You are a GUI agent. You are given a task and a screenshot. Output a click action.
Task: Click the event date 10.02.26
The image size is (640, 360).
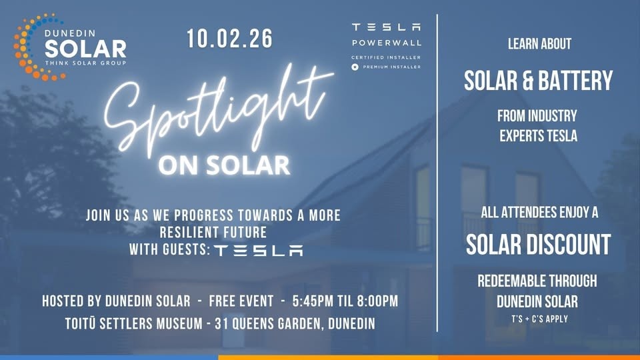[229, 39]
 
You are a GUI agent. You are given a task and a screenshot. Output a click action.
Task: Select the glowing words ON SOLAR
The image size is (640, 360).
[224, 165]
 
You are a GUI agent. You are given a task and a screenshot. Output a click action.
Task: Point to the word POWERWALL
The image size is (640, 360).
[387, 43]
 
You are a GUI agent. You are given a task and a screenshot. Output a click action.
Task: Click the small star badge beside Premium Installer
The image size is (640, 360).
[355, 67]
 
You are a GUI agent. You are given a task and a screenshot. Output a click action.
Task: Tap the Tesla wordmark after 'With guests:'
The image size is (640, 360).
[259, 250]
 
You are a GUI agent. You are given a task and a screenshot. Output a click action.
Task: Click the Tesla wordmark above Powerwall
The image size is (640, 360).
[386, 27]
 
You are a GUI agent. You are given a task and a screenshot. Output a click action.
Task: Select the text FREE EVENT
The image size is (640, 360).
[241, 301]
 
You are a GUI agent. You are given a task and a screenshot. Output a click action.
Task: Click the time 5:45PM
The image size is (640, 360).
[313, 301]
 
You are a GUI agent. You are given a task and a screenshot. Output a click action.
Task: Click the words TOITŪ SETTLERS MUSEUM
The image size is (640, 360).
[134, 323]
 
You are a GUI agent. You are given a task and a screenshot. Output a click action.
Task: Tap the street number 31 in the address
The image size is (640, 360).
[221, 324]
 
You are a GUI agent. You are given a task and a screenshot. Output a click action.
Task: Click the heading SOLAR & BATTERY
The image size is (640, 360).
[539, 81]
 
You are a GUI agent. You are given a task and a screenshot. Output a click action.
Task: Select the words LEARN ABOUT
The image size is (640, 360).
[539, 44]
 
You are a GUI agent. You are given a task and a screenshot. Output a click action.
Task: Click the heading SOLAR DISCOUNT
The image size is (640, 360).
[539, 245]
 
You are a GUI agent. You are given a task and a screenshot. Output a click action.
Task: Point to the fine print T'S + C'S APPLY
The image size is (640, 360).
[539, 319]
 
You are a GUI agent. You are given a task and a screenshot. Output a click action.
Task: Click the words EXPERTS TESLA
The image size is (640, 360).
[539, 136]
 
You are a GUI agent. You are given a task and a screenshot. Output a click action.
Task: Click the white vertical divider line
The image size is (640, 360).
[437, 173]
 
